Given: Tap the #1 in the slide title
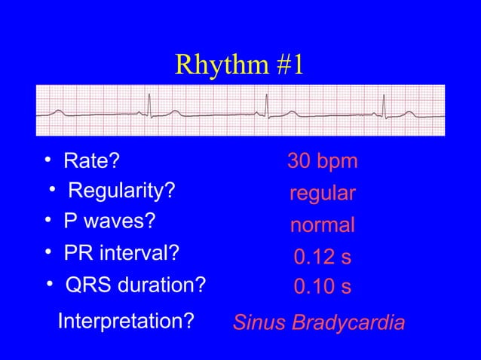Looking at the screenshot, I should tap(286, 66).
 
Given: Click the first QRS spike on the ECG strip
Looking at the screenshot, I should tap(149, 108).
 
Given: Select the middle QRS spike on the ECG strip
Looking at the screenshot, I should tap(265, 108).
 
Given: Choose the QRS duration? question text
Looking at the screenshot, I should tap(136, 286).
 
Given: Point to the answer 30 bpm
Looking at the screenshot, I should tap(322, 162).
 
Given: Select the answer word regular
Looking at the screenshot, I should tap(322, 194).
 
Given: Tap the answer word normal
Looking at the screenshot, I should tap(322, 226).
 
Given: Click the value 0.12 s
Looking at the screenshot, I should tap(322, 258).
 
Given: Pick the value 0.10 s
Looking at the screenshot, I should tap(322, 288).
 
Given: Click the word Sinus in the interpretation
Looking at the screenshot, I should tap(259, 323).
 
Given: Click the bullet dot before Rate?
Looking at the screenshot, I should tap(47, 160).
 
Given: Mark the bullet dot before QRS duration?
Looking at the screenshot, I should tap(50, 285).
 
